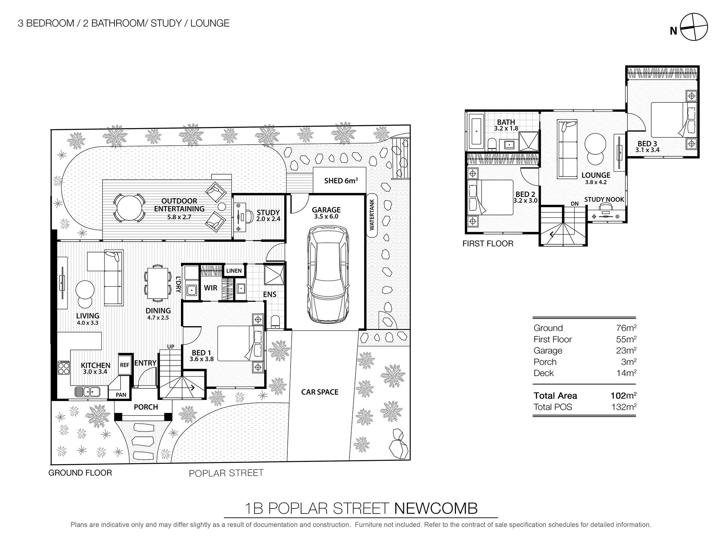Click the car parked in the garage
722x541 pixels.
(328, 274)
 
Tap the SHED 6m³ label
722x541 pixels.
(340, 180)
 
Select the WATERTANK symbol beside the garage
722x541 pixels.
(372, 215)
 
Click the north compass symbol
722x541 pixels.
(693, 27)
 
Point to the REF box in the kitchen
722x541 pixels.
(125, 365)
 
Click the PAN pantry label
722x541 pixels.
(121, 395)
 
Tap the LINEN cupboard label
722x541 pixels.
(234, 270)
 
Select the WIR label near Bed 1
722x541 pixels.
(210, 288)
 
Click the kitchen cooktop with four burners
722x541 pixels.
(64, 368)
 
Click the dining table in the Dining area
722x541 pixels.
(158, 283)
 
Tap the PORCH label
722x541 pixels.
(146, 407)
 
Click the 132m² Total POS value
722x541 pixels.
(623, 407)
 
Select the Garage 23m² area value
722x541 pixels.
(626, 351)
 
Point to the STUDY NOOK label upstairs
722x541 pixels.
(604, 199)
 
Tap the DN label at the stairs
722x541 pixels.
(575, 204)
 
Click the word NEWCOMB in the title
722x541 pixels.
(436, 508)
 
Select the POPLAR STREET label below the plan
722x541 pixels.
(226, 473)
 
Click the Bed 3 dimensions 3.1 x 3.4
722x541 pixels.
(647, 150)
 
